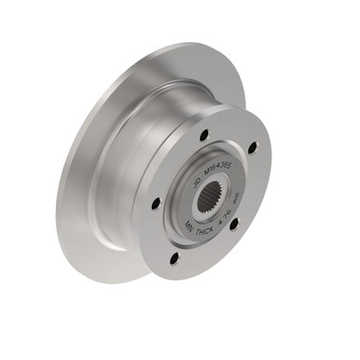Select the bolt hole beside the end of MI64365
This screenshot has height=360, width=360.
(252, 147)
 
